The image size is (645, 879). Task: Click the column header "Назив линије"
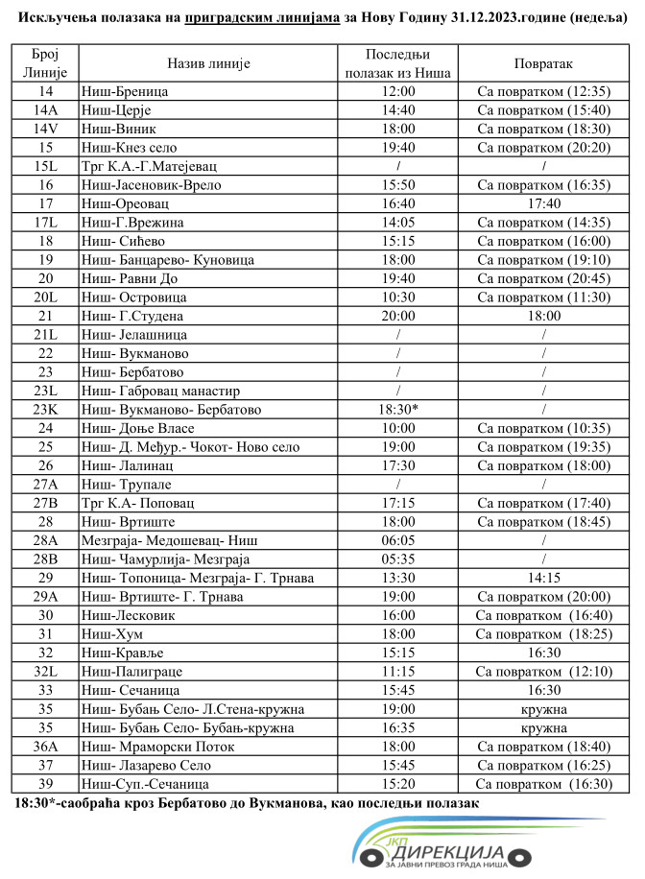[x=208, y=63]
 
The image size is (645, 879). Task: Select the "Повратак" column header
[x=542, y=63]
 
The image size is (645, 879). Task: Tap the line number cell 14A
[x=46, y=110]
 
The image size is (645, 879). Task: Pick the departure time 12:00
[x=397, y=92]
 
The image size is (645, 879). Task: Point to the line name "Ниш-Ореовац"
[x=130, y=203]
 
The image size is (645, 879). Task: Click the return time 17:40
[x=542, y=203]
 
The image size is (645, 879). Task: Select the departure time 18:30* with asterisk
[x=397, y=409]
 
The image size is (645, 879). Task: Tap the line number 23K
[x=46, y=409]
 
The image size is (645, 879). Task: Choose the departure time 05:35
[x=397, y=558]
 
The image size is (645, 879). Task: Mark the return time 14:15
[x=542, y=578]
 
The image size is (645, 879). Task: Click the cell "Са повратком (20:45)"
[x=542, y=278]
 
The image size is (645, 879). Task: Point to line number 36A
[x=46, y=746]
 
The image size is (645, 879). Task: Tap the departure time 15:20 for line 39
[x=397, y=783]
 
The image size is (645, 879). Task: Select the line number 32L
[x=46, y=671]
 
